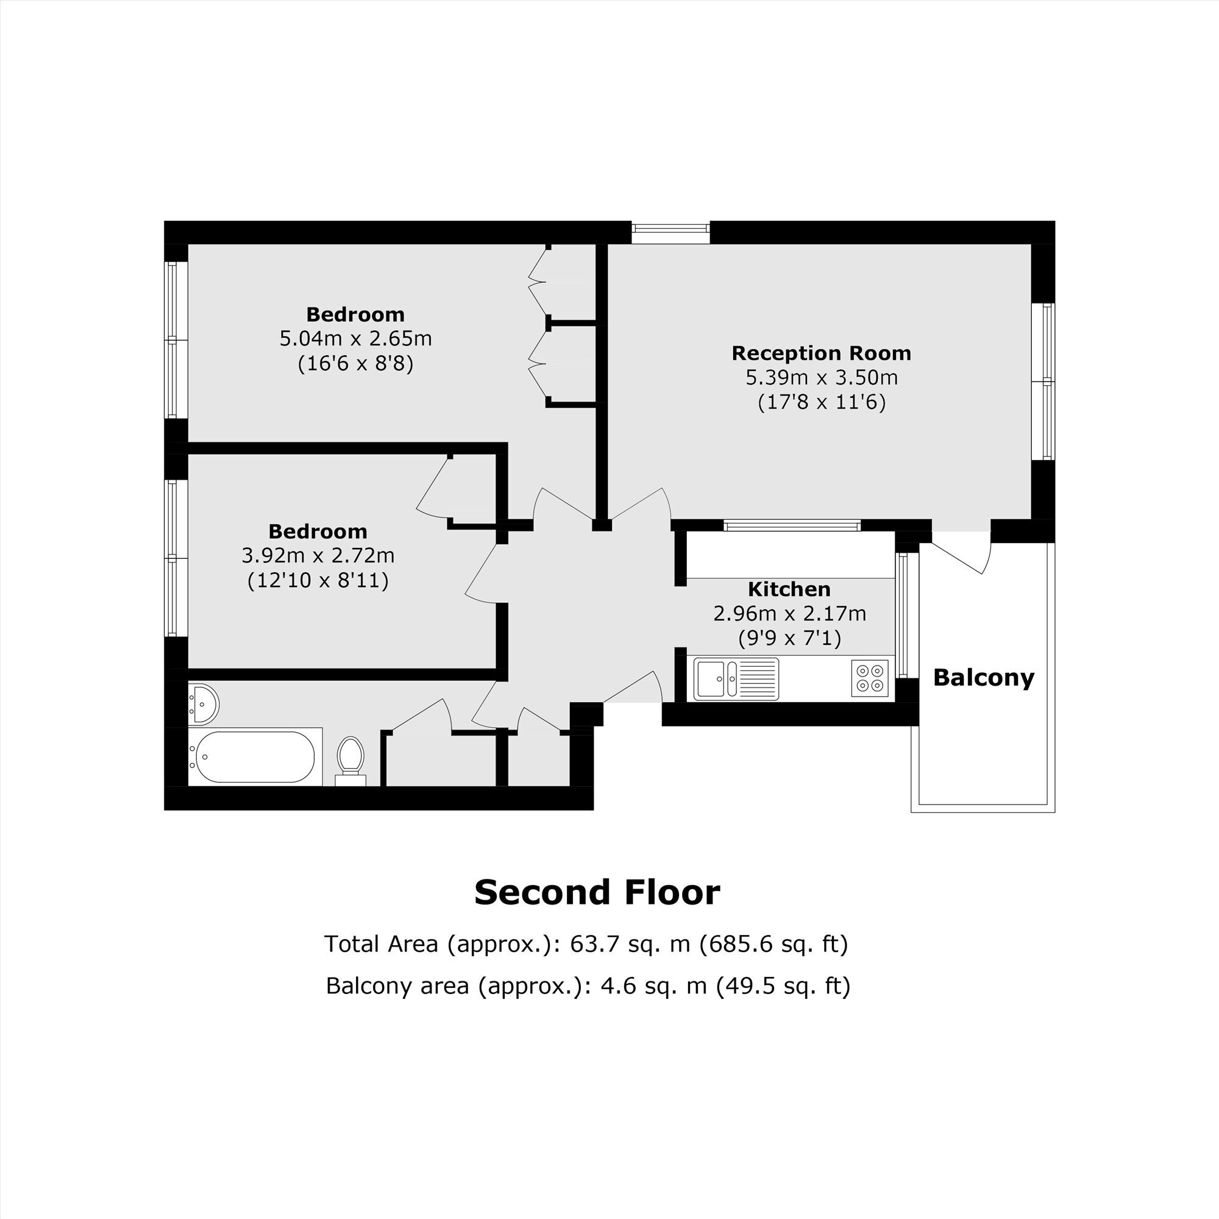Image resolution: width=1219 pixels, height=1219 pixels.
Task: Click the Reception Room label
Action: (822, 354)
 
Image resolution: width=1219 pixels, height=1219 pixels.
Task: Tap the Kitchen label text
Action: (789, 589)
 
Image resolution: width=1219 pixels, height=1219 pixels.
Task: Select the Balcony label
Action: (984, 678)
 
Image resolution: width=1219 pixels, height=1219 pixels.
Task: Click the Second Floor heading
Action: (597, 893)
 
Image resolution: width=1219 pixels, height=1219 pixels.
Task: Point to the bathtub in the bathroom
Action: (255, 756)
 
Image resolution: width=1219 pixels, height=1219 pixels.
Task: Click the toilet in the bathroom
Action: (351, 761)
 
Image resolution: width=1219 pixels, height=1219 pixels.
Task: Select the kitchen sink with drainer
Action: (736, 678)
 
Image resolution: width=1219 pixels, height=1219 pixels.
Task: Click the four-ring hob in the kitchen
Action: (870, 678)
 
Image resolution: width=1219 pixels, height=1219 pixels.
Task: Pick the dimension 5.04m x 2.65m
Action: (356, 339)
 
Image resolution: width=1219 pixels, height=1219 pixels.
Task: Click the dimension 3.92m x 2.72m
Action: (318, 556)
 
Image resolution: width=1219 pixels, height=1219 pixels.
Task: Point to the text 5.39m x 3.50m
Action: (822, 378)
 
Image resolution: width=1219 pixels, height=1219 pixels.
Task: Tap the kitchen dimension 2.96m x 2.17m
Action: (790, 613)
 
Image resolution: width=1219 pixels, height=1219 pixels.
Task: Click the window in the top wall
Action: (670, 233)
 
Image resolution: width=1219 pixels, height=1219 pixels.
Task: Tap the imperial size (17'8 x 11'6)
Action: (822, 402)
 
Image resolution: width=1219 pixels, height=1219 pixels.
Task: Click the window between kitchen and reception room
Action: (792, 525)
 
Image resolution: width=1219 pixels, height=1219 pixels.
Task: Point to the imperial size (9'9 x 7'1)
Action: (790, 639)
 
